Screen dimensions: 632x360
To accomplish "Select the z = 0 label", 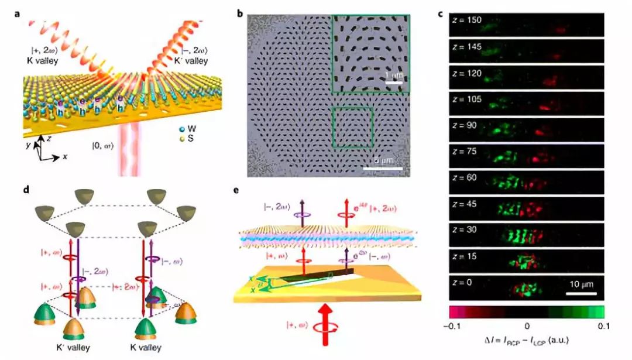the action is tap(462, 283).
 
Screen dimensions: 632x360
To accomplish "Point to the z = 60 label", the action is tap(463, 177).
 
